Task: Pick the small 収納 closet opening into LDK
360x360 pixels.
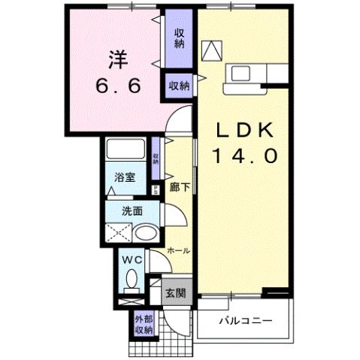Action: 178,84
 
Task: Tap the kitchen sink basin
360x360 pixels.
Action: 243,74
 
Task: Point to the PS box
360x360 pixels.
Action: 156,190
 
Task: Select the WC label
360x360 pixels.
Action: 132,260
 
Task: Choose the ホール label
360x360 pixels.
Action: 177,250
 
